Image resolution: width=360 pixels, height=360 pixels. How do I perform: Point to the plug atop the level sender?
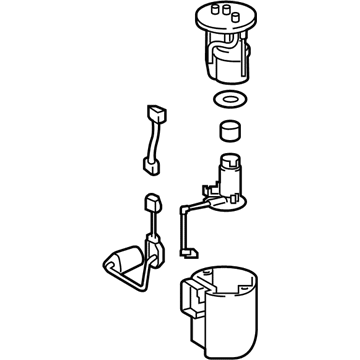click(x=153, y=203)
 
